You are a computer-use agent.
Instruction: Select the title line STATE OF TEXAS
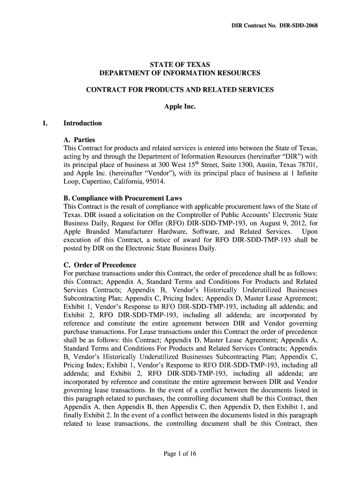coord(180,64)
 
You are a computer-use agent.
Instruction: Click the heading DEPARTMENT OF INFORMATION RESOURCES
coord(180,73)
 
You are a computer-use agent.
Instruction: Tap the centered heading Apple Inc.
coord(180,107)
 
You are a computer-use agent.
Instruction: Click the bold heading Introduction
coord(82,123)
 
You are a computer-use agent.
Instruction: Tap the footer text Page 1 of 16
coord(180,457)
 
